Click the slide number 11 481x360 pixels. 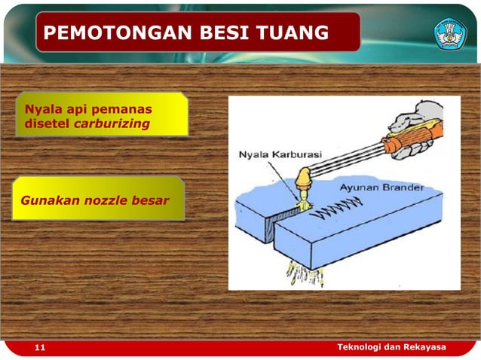coord(40,348)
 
